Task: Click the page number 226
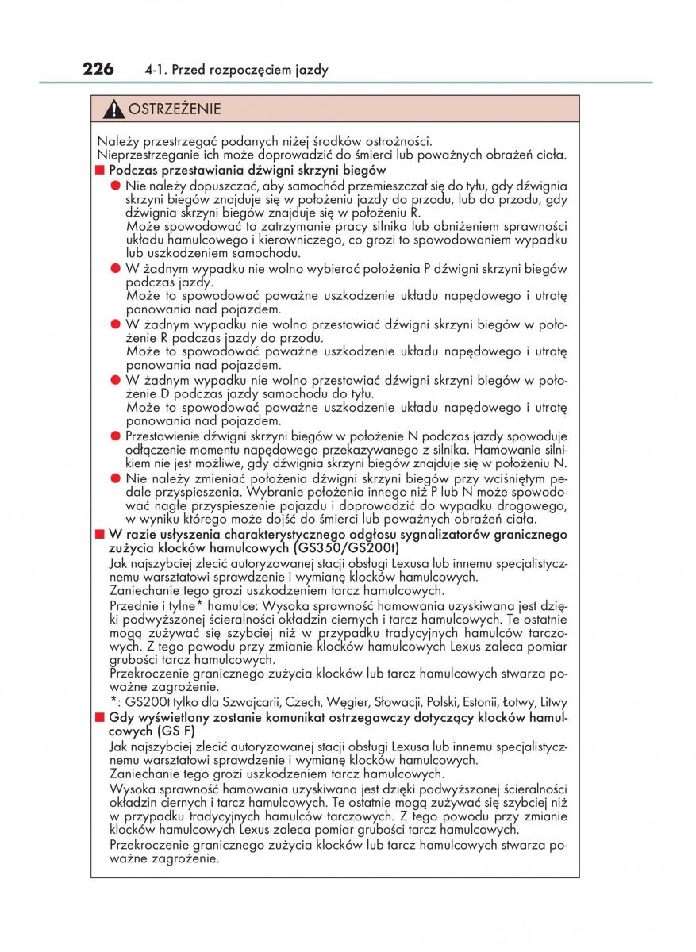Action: click(x=98, y=69)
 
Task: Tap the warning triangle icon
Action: click(x=116, y=109)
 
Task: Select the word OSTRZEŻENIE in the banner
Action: click(x=175, y=109)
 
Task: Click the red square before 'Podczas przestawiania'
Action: click(x=100, y=170)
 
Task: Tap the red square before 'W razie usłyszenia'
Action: click(x=100, y=535)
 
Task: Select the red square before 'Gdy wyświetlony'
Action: click(x=100, y=716)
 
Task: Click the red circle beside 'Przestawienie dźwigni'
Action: click(x=116, y=436)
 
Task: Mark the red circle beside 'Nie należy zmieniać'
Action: click(x=116, y=479)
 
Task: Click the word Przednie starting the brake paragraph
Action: click(x=133, y=605)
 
